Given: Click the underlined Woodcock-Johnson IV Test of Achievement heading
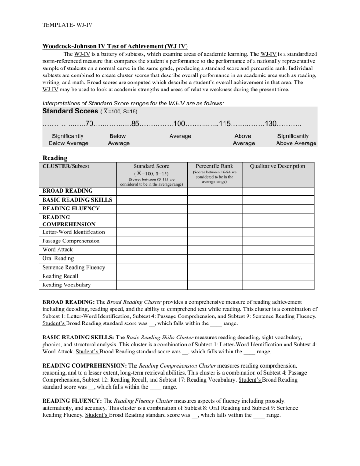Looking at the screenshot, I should pyautogui.click(x=115, y=46).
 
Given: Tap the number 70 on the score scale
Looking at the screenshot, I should pyautogui.click(x=91, y=124).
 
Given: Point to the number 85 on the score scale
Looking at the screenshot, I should pyautogui.click(x=136, y=124).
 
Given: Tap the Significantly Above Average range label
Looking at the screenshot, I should pyautogui.click(x=296, y=139).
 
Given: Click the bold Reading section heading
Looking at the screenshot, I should pyautogui.click(x=55, y=158).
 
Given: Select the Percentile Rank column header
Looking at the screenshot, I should pyautogui.click(x=214, y=166).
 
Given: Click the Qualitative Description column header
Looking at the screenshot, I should pyautogui.click(x=277, y=166).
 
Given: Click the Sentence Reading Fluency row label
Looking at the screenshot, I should pyautogui.click(x=74, y=267).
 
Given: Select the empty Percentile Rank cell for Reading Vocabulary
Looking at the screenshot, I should pyautogui.click(x=214, y=285).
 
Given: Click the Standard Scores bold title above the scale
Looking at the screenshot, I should pyautogui.click(x=69, y=111).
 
